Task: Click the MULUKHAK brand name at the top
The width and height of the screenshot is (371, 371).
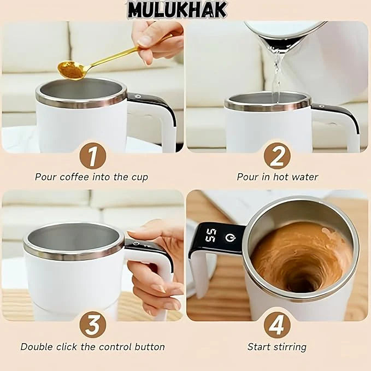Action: click(x=177, y=9)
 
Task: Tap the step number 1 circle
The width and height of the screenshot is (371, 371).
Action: click(x=92, y=156)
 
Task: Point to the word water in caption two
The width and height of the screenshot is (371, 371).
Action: click(x=305, y=177)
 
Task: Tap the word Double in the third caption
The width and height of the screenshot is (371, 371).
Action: click(x=37, y=347)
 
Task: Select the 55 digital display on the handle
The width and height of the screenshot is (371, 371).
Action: click(x=210, y=235)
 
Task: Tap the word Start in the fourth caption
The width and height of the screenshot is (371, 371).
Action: click(x=258, y=347)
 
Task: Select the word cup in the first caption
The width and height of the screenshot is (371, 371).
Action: click(x=140, y=177)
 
